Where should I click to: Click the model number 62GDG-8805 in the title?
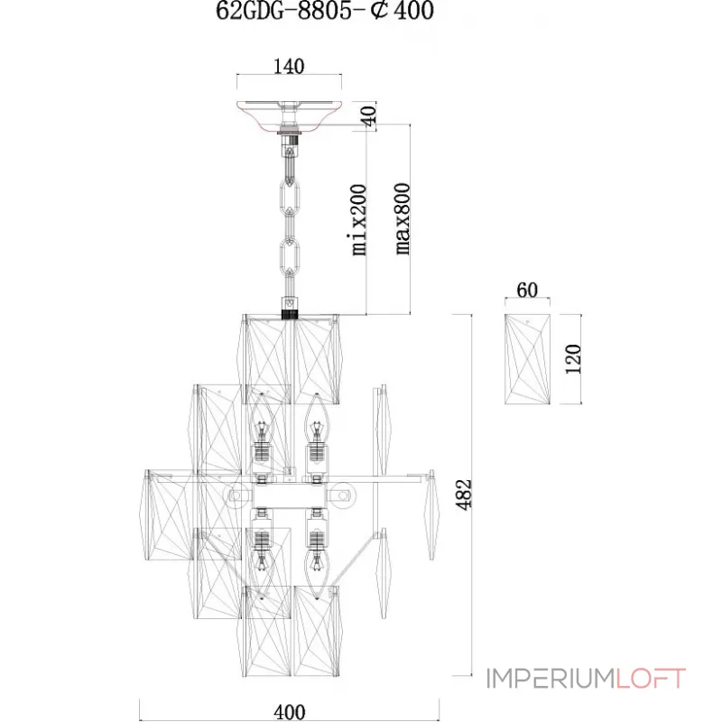[x=283, y=10]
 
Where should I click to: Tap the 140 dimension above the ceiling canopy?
[x=289, y=67]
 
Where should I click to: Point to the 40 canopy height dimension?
[x=369, y=116]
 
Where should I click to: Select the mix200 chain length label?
[x=359, y=219]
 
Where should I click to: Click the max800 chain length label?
[x=402, y=218]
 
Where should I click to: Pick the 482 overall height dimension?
[x=464, y=495]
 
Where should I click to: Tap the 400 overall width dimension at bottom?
[x=289, y=712]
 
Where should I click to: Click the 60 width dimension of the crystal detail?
[x=527, y=290]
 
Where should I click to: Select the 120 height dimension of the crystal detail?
[x=573, y=359]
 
